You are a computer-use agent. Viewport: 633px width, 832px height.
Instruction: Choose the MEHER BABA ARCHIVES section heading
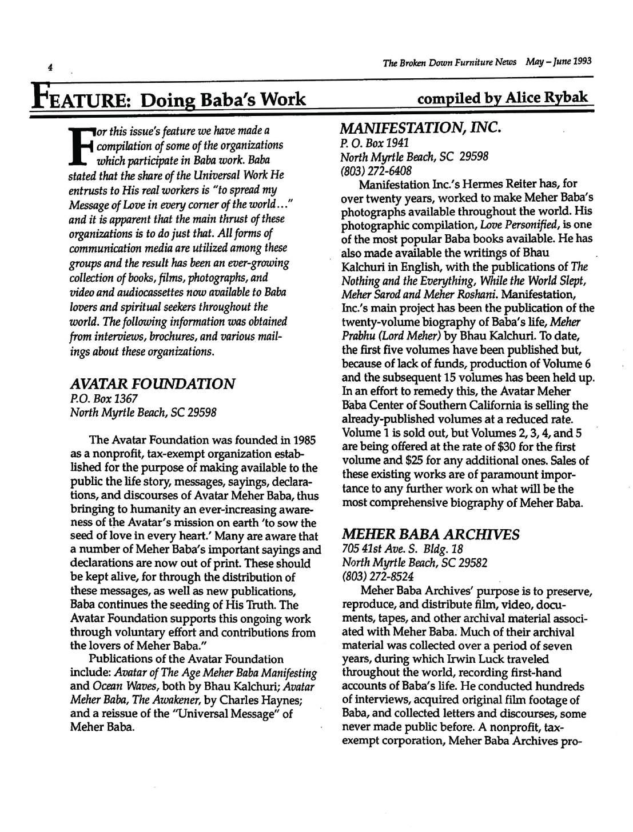coord(431,535)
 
